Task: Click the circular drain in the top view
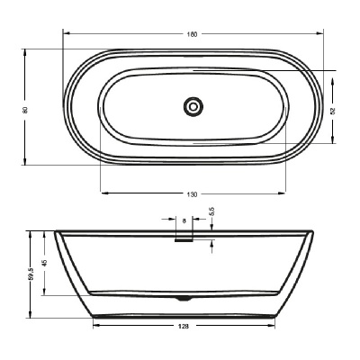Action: [192, 106]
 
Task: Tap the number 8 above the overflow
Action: [184, 220]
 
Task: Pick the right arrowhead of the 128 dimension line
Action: [274, 324]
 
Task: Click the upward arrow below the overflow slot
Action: [212, 243]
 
